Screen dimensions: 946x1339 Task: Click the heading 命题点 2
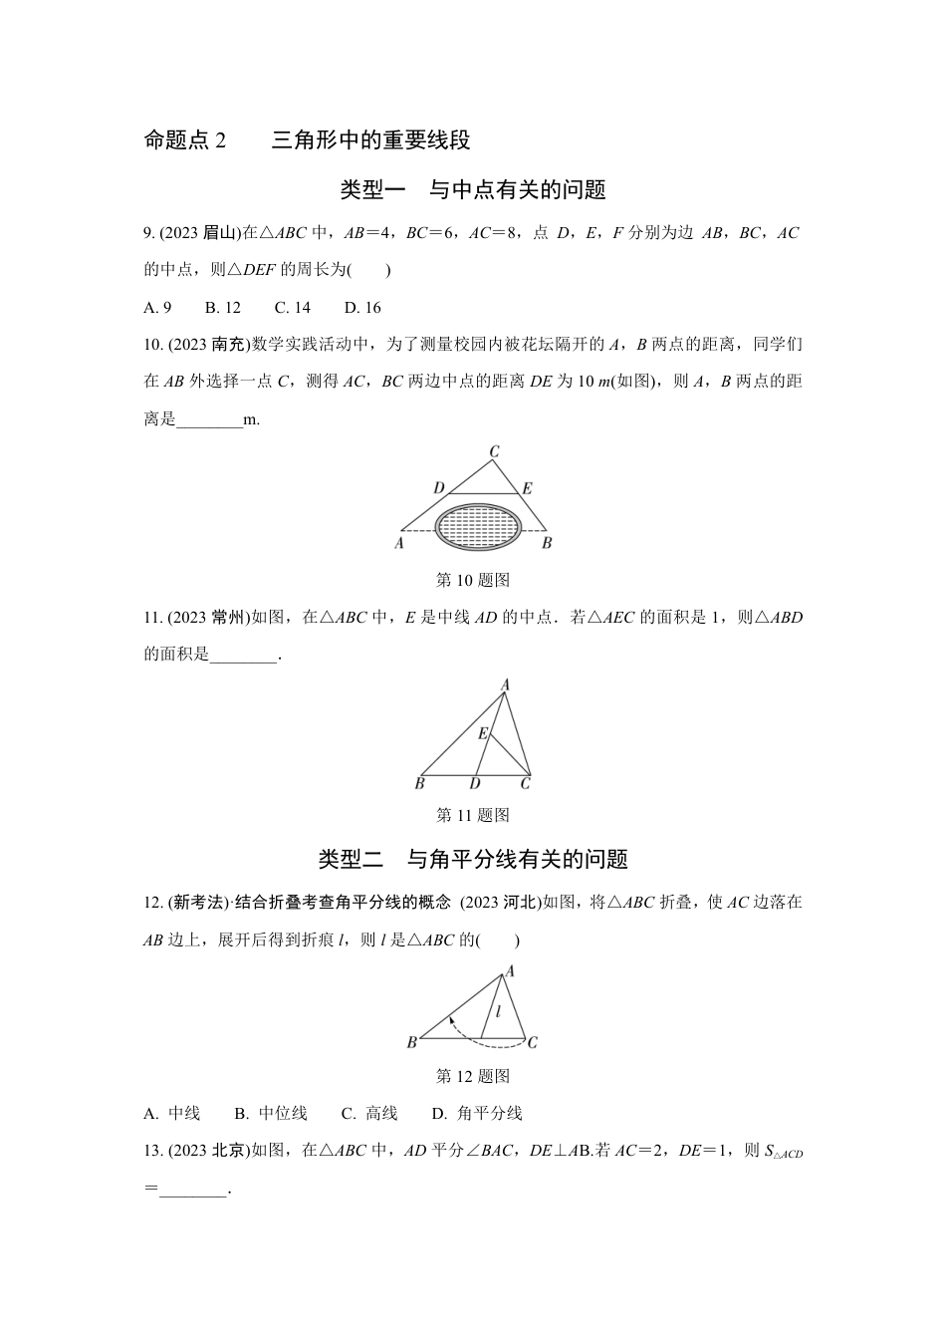(x=186, y=140)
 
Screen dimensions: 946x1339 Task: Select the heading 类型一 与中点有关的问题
(x=473, y=189)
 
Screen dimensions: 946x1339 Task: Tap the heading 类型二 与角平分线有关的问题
(x=473, y=859)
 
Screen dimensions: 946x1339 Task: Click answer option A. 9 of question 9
(x=158, y=308)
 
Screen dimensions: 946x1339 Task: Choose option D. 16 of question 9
(x=362, y=308)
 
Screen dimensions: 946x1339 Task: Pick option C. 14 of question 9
(x=293, y=308)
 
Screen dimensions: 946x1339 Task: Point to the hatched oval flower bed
(x=480, y=523)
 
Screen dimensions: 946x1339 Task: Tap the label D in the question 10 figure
(x=439, y=488)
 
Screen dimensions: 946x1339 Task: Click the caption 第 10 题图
(x=473, y=580)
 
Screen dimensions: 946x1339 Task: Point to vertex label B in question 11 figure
(x=420, y=784)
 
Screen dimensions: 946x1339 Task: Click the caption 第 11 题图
(x=473, y=815)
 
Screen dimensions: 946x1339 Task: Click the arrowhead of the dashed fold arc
(x=450, y=1019)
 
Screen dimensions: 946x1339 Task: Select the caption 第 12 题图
(x=473, y=1076)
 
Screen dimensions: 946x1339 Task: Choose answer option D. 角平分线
(x=477, y=1114)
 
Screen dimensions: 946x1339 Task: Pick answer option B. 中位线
(x=271, y=1114)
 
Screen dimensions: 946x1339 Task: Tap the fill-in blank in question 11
(x=244, y=655)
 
